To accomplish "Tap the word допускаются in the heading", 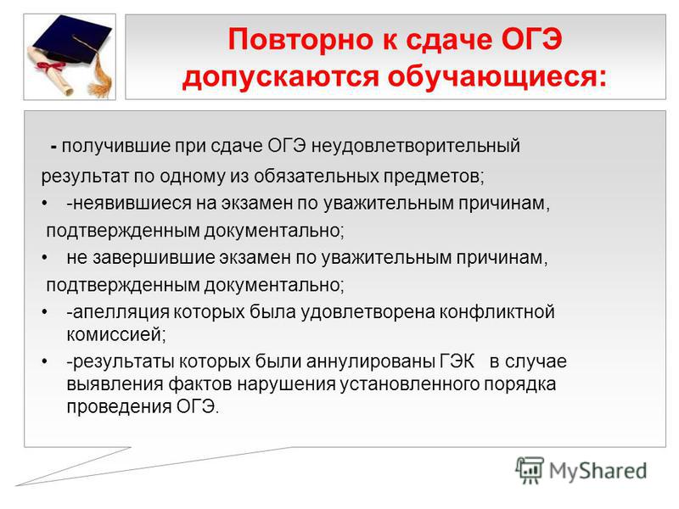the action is coord(280,76).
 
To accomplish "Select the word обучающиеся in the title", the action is coord(497,77).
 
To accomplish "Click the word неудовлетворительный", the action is coord(416,146).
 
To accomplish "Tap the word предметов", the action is coord(434,176).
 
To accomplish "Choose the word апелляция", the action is coord(121,312).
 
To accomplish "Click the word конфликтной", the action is coord(497,312).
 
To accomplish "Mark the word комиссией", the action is coord(116,334).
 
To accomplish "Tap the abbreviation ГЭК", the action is coord(457,361).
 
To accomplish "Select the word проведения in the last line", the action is coord(119,407).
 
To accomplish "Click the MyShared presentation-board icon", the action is coord(529,471).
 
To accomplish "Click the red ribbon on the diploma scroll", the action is coord(49,66).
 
